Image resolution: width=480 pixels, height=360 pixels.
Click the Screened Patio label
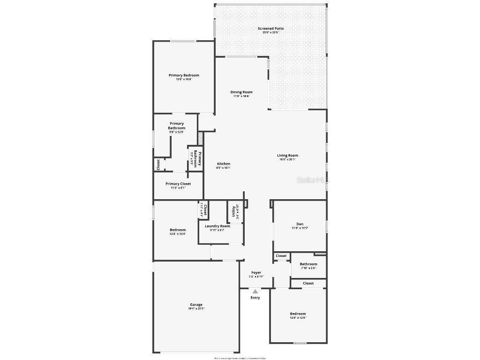coord(270,29)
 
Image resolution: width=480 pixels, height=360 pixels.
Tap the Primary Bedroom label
coord(184,75)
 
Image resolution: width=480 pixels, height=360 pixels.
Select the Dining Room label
coord(241,92)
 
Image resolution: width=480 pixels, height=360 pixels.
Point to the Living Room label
coord(287,156)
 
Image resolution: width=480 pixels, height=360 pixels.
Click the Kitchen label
coord(223,164)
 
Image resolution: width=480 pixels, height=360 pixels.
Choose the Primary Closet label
coord(178,184)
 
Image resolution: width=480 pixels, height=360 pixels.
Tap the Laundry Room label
coord(217,226)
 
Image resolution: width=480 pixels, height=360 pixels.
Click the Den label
coord(300,224)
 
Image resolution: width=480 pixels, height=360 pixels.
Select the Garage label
coord(196,305)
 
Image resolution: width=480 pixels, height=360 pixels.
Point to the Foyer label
coord(256,273)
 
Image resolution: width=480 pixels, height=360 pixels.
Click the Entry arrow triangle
coord(255,292)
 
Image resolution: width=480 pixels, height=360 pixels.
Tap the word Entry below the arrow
coord(255,298)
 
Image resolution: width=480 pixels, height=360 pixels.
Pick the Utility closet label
coord(233,212)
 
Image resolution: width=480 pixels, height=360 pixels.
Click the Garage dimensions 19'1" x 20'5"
coord(196,308)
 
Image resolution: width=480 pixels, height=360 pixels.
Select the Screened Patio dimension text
coord(270,33)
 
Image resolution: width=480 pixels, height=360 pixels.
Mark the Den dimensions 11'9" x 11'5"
coord(300,228)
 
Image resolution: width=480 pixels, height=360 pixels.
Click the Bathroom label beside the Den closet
coord(308,264)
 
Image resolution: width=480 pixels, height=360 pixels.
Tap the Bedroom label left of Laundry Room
coord(178,230)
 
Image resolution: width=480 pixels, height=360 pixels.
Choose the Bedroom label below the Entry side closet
coord(298,314)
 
